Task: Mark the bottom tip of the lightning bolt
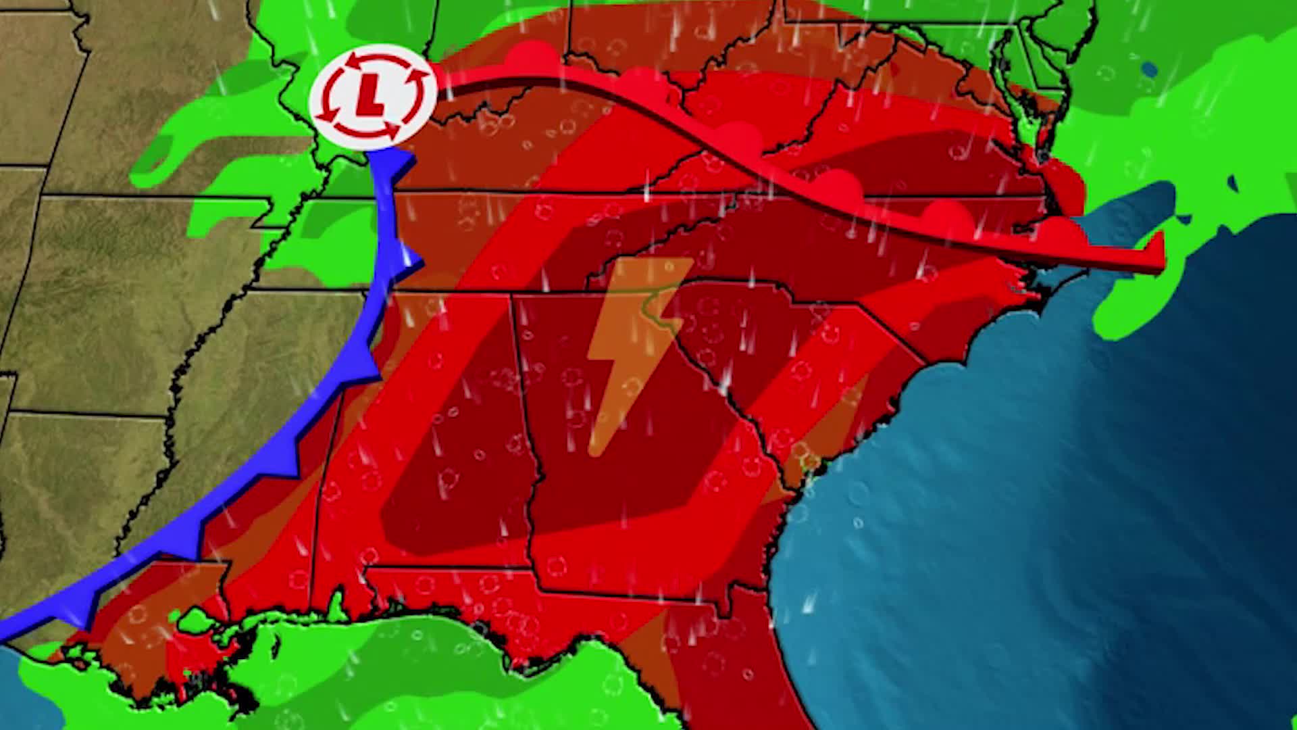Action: (x=594, y=449)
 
